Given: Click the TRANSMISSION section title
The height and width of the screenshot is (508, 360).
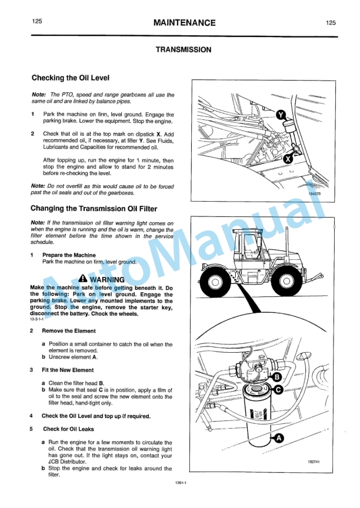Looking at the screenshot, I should click(183, 50).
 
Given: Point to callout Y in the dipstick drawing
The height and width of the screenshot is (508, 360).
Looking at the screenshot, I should click(281, 114).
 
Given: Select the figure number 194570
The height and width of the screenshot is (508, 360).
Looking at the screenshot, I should click(314, 193).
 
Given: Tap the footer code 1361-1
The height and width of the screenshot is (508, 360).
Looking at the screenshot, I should click(181, 483).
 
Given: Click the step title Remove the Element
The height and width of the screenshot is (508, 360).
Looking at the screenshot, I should click(69, 330).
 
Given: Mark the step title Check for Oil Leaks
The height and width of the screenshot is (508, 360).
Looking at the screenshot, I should click(68, 429).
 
